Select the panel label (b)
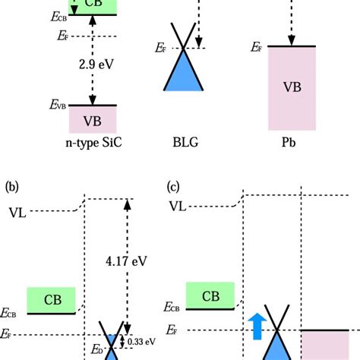(12, 185)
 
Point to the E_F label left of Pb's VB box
(257, 47)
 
